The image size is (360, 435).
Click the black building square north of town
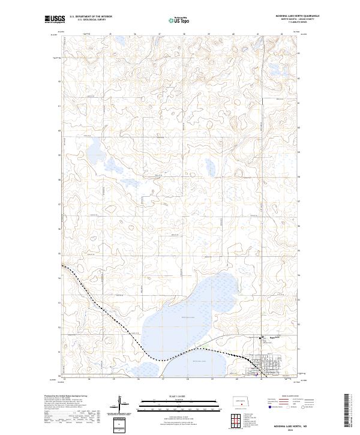point(260,338)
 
